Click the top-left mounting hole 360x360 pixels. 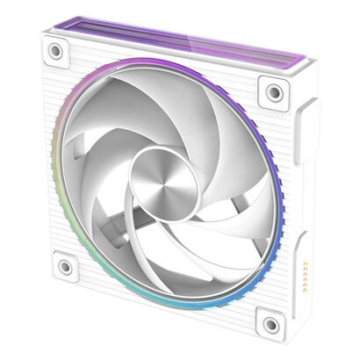[x=55, y=52]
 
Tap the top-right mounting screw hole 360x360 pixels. [x=275, y=90]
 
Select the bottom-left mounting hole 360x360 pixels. [x=62, y=264]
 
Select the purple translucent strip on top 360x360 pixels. [x=176, y=40]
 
